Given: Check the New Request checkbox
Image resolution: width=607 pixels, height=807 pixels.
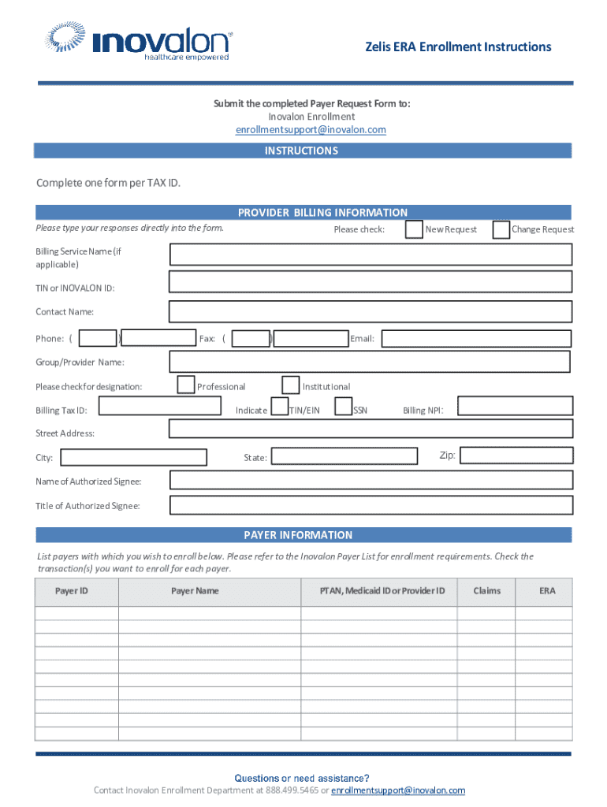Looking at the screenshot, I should coord(414,229).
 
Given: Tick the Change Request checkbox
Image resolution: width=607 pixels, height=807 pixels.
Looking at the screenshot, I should coord(501,229).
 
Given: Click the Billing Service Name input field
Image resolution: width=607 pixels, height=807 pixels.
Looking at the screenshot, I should coord(371,255).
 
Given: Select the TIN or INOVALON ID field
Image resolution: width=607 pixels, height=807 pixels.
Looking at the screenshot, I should coord(371,282).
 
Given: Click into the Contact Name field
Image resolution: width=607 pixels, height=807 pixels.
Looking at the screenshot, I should coord(371,311).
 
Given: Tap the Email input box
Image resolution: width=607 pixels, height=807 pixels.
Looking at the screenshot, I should coord(476,339).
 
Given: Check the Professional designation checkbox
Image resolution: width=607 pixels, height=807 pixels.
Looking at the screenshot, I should coord(186,385).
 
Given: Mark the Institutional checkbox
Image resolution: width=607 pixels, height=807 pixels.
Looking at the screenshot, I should coord(291,385).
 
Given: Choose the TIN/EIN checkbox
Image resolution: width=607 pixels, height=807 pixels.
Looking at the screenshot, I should coord(279,407).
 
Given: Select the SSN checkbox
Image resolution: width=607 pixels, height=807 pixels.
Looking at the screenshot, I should coord(343,407).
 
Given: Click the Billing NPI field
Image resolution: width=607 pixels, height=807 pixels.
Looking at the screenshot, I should coord(515,406).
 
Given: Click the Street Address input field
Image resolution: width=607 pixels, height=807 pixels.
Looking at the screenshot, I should coord(371,429).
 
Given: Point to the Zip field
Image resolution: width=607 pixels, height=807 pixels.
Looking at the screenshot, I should coord(516,456).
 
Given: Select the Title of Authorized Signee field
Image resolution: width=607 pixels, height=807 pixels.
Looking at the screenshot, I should coord(371,505).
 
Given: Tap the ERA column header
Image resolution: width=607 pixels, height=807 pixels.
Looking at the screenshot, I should coord(547,591).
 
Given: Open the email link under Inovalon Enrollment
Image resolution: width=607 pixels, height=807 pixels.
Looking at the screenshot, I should coord(311,130).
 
